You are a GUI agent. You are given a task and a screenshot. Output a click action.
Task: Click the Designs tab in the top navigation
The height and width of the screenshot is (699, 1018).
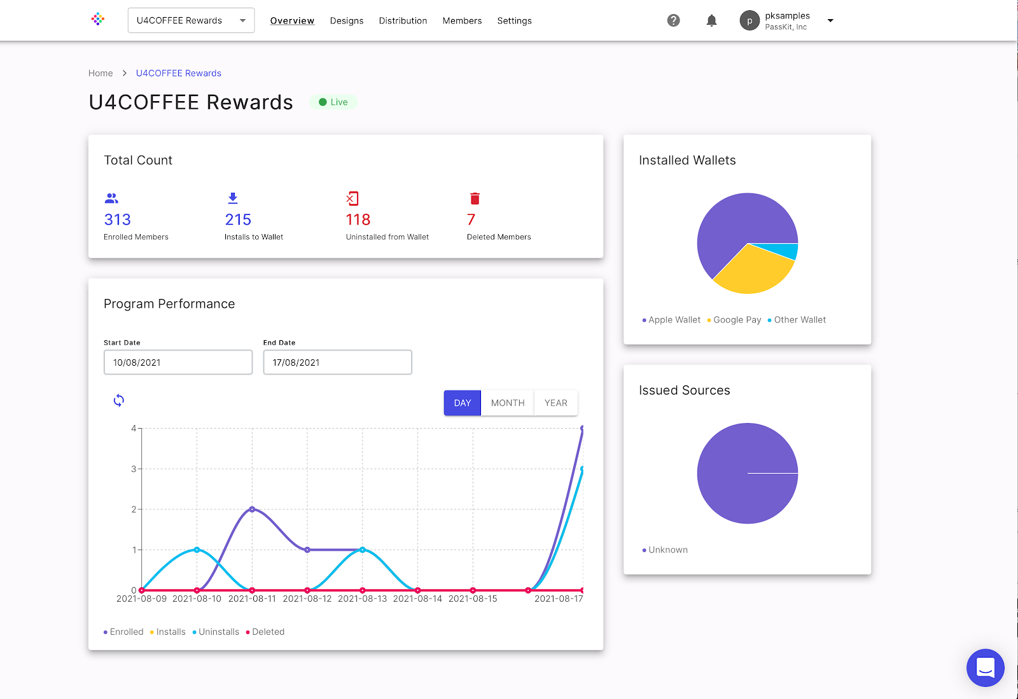point(347,21)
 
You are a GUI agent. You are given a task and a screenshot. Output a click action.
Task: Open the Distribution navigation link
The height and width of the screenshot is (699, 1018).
point(403,21)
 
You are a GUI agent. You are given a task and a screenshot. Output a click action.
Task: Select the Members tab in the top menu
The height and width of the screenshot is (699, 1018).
point(462,21)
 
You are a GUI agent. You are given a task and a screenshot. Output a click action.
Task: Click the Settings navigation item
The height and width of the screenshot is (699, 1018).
point(514,21)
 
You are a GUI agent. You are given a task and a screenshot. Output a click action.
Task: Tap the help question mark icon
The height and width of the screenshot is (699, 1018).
point(673,20)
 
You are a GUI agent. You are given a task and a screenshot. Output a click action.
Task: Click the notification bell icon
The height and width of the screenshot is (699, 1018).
point(711,20)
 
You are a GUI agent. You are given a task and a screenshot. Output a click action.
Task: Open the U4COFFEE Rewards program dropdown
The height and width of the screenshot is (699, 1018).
point(191,20)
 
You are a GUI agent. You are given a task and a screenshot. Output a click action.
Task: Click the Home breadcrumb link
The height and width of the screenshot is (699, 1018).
point(101,73)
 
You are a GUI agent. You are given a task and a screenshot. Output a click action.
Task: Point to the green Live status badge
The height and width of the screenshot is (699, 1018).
point(334,102)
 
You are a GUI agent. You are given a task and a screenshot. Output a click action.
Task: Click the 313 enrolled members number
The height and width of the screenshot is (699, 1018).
point(118,220)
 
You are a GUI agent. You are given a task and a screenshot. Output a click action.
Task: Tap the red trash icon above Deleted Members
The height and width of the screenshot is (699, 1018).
point(475,198)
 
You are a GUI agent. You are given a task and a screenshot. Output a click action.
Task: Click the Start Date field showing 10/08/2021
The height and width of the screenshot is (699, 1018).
point(178,363)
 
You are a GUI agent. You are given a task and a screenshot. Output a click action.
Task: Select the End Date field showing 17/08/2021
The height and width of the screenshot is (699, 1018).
point(337,363)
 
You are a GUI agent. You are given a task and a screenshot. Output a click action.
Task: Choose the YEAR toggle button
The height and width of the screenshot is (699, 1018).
point(555,403)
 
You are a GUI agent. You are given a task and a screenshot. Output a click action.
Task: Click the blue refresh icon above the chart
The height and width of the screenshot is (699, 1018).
point(119,400)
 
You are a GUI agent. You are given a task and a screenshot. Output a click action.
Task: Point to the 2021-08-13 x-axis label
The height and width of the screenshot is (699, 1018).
point(362,599)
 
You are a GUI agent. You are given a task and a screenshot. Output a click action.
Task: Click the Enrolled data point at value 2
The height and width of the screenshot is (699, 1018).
point(252,509)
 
